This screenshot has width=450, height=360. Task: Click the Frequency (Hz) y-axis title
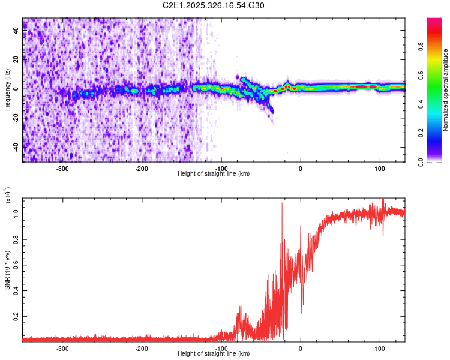(7, 89)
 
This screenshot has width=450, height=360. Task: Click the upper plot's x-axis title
(214, 173)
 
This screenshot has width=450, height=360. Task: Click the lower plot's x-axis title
(214, 353)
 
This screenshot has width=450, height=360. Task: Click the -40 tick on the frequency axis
(16, 147)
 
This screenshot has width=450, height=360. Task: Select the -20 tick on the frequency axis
(16, 118)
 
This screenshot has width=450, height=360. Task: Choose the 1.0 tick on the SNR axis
(16, 212)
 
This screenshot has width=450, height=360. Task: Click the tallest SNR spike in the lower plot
(282, 204)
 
